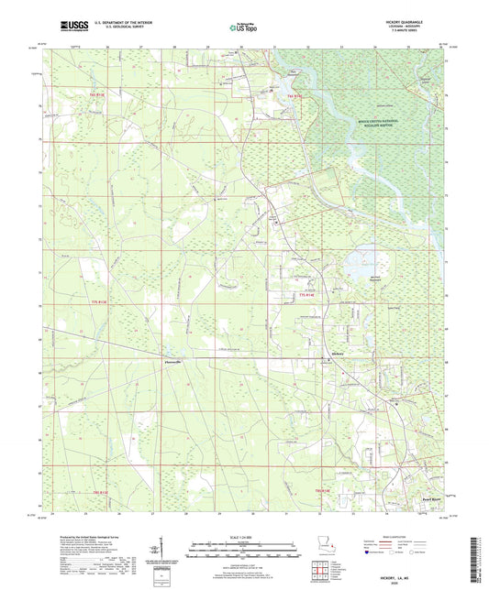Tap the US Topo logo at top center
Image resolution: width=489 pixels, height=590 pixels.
pyautogui.click(x=243, y=27)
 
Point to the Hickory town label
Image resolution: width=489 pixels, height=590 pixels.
pyautogui.click(x=338, y=352)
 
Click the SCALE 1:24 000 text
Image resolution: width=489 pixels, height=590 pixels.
pyautogui.click(x=244, y=536)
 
